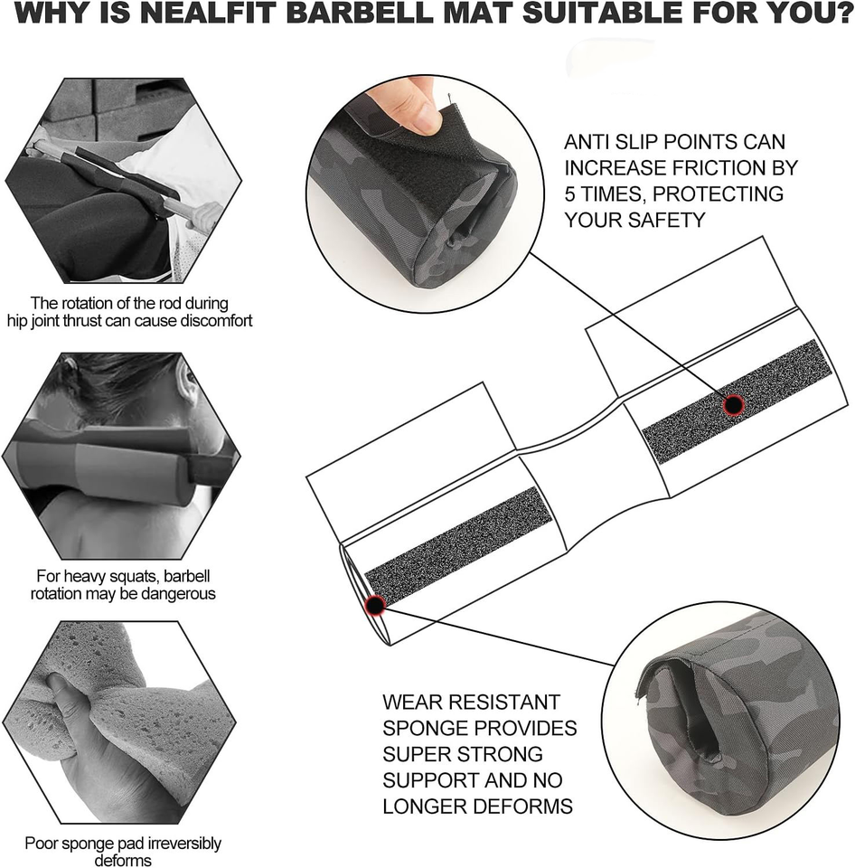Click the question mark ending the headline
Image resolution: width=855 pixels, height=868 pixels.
(x=845, y=14)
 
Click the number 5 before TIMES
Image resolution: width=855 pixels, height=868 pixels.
(x=570, y=194)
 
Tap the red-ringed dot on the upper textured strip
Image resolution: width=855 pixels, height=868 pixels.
(x=733, y=405)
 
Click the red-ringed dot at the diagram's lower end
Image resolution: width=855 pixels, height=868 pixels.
(x=375, y=605)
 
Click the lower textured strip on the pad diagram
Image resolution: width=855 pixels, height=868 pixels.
(x=459, y=546)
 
